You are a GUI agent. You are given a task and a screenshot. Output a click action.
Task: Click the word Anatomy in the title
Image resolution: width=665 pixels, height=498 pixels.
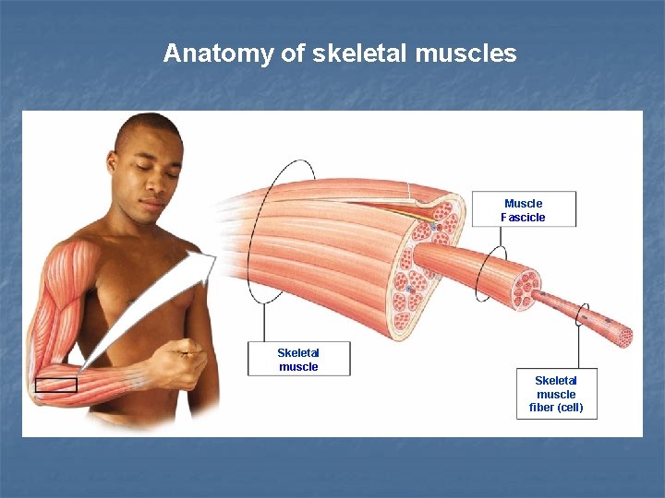coord(218,53)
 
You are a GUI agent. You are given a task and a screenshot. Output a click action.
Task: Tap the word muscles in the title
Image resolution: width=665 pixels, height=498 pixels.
coord(466,53)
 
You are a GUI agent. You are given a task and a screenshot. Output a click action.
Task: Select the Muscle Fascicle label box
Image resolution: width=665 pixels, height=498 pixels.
coord(524,209)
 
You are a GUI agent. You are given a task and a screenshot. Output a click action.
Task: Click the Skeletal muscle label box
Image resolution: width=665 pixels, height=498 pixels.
coord(298,359)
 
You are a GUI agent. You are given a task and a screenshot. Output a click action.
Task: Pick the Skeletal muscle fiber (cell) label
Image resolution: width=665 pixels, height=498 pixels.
coord(556,394)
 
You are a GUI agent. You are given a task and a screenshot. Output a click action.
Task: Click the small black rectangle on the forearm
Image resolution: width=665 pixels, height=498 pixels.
coord(55,385)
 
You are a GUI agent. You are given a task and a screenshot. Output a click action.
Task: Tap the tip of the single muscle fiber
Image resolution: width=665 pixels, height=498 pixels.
coord(625,337)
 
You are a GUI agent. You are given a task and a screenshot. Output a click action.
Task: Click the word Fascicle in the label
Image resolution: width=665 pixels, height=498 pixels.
coord(523,218)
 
